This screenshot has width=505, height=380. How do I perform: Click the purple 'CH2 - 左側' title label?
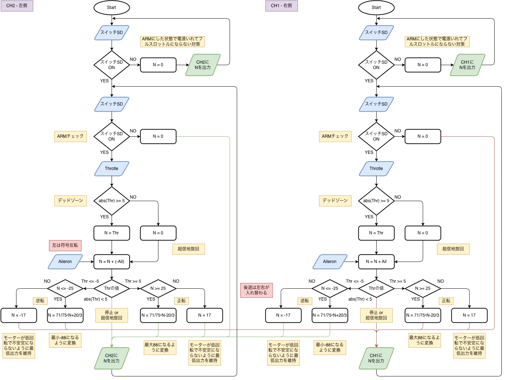(17, 6)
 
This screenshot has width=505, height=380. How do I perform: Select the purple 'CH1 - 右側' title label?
(281, 6)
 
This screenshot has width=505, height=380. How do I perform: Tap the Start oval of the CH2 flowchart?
(112, 8)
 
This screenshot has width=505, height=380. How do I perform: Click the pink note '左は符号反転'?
(65, 245)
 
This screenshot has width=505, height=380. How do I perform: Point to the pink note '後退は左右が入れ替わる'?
(256, 290)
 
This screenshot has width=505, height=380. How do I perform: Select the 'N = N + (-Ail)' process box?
(112, 262)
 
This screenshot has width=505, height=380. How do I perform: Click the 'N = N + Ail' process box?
(376, 262)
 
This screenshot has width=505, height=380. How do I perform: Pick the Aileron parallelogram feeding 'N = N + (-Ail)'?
(65, 262)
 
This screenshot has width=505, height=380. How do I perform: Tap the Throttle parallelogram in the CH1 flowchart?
(376, 169)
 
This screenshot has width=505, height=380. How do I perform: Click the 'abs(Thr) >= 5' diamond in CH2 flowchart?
(112, 201)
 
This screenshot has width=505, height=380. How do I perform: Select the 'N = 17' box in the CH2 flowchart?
(205, 315)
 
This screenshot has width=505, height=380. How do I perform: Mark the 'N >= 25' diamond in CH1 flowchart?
(423, 288)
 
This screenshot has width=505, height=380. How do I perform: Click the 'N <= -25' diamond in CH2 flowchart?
(65, 288)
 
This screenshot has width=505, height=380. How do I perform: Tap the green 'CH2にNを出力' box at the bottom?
(112, 358)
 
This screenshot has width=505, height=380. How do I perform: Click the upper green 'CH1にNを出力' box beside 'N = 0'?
(467, 65)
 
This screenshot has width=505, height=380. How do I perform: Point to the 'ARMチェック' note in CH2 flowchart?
(70, 136)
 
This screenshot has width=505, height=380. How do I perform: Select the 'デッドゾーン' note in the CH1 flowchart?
(335, 201)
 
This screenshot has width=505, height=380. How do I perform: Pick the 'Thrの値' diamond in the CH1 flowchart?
(376, 288)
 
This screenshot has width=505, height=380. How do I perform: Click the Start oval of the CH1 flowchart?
(376, 8)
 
